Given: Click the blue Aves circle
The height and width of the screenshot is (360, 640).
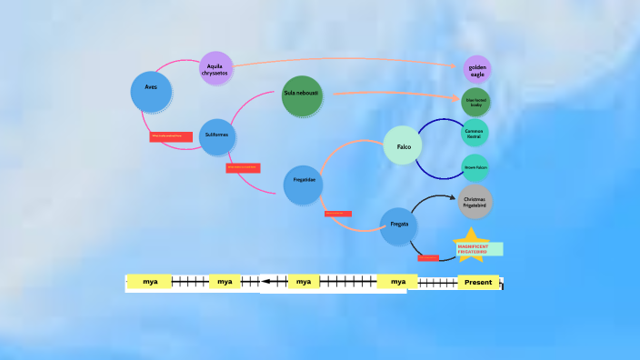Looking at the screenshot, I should pos(151,89).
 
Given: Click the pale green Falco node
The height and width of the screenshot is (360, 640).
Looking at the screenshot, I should pos(403,145).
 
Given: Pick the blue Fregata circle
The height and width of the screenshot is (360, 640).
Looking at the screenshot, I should pos(398,225).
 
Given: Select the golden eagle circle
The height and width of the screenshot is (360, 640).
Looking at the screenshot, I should pos(477,68).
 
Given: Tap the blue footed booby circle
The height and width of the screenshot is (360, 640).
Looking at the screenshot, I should pos(475,102).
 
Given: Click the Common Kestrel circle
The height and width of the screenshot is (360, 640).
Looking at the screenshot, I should pos(475,134).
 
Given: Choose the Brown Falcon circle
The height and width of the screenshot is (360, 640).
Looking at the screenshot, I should pos(475,167).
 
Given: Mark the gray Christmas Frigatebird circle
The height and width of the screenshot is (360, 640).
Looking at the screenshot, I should pos(475,201).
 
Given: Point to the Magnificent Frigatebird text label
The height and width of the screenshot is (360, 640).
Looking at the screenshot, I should pos(478,249).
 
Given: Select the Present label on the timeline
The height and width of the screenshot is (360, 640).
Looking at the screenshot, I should pos(478,282).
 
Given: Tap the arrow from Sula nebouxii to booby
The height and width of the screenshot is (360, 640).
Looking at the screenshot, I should pos(391,94).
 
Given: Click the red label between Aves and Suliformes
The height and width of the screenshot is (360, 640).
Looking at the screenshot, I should pos(171,136).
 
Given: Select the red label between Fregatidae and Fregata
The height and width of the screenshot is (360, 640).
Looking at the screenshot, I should pos(337,214).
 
